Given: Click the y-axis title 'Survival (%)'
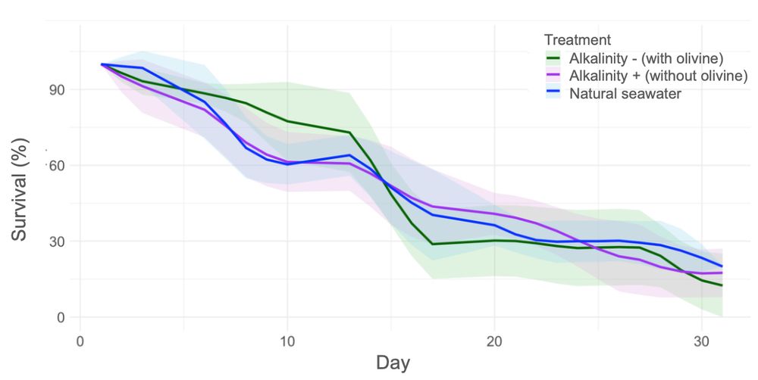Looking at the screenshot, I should click(x=20, y=190).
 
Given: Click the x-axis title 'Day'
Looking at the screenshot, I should click(x=393, y=363).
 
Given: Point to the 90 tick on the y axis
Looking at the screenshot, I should click(x=58, y=89).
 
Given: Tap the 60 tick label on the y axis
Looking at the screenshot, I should click(x=58, y=165).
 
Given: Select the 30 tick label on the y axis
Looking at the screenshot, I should click(x=58, y=241).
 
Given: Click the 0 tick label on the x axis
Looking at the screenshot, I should click(x=80, y=340).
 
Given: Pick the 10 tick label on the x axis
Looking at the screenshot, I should click(x=287, y=340).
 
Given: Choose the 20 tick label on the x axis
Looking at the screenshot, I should click(x=494, y=340).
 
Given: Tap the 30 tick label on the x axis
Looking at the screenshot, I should click(x=701, y=340).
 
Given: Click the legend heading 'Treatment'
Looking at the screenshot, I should click(x=578, y=39).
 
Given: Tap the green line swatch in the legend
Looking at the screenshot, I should click(x=554, y=58).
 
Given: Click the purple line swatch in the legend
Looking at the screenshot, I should click(x=554, y=76).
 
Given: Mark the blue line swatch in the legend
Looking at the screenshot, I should click(x=554, y=94).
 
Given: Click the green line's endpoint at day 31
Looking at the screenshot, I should click(x=722, y=285).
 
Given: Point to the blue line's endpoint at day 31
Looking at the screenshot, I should click(x=722, y=266).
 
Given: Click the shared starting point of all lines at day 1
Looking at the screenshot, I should click(x=102, y=64).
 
